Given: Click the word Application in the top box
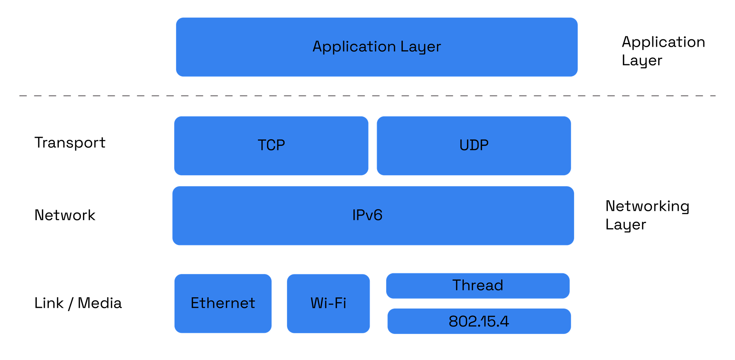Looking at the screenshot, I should click(x=354, y=47).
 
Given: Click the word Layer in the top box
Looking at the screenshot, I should click(x=420, y=47).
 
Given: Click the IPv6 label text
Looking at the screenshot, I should click(x=367, y=215).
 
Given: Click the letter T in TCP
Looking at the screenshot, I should click(x=262, y=145).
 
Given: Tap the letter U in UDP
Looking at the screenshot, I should click(x=464, y=145).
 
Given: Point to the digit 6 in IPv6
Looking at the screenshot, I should click(x=378, y=215).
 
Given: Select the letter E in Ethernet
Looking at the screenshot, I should click(x=195, y=303).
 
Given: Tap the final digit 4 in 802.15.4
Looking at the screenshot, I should click(x=505, y=321).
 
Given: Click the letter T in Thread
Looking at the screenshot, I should click(x=457, y=285).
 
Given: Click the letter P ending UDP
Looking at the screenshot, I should click(x=484, y=145).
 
